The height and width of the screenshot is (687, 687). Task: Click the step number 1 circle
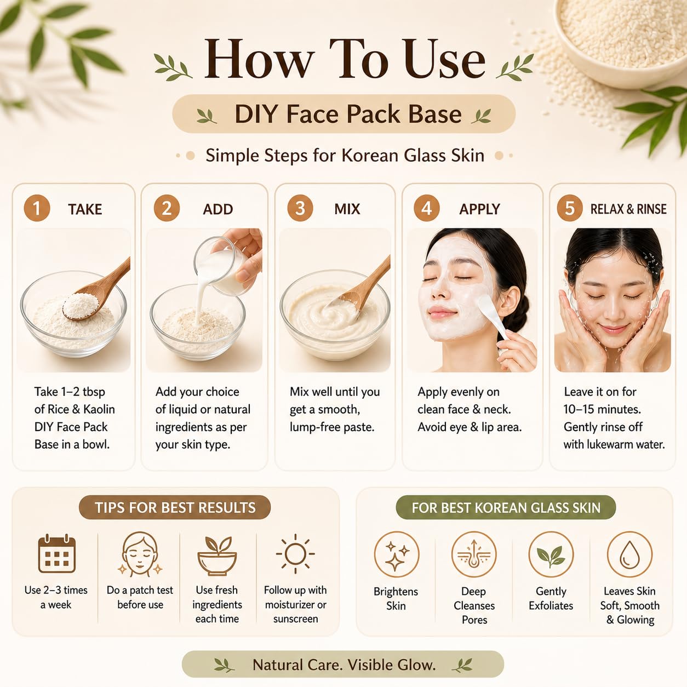point(37,208)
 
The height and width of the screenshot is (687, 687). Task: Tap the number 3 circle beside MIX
point(300,208)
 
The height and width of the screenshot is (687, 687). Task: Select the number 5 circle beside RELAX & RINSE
point(570,208)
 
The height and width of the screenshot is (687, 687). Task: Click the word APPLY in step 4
point(479,209)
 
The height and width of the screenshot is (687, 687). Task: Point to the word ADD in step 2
point(218,209)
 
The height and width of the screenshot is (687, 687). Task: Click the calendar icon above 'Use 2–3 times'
point(56,554)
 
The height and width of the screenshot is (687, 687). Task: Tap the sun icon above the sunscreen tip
point(295,554)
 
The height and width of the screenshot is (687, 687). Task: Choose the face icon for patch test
point(140,554)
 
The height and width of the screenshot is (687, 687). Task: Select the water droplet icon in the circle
point(629,554)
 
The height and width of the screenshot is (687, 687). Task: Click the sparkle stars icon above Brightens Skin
point(397,554)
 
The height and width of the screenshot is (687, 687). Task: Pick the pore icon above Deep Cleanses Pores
point(474,554)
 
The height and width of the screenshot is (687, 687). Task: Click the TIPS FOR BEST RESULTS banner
point(175,507)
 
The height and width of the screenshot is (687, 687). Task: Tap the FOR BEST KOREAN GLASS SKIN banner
point(506,507)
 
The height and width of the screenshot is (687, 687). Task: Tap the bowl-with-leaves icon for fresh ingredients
point(217,555)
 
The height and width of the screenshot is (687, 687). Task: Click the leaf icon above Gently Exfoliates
point(551,554)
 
